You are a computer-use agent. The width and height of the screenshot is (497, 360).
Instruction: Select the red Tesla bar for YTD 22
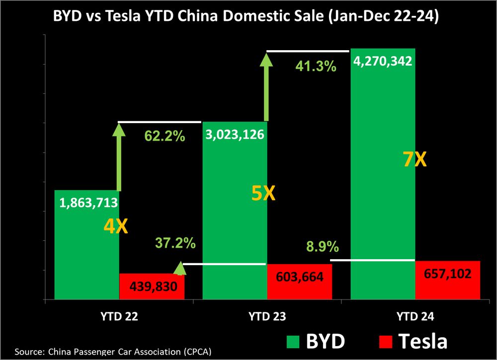[152, 287]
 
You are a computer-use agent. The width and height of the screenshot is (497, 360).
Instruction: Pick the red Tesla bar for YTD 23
[300, 282]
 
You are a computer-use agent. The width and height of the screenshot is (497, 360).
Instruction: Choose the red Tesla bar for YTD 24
[447, 280]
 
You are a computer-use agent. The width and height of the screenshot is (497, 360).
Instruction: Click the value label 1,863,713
[88, 202]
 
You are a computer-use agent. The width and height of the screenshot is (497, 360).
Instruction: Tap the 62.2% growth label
[165, 136]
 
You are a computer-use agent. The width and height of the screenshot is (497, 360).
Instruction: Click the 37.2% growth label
[175, 243]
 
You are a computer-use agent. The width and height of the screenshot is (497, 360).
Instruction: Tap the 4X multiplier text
[116, 227]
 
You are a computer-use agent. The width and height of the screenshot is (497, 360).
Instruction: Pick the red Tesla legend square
[386, 342]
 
